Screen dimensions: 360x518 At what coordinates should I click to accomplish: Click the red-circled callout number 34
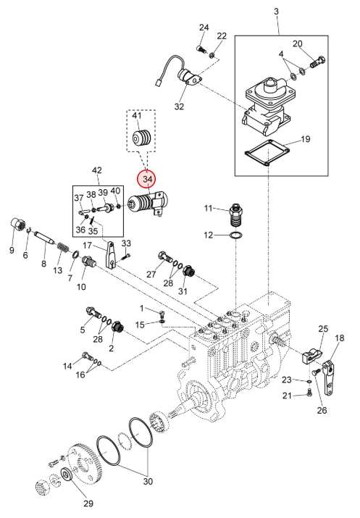(x=146, y=179)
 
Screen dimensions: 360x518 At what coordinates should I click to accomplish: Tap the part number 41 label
(x=137, y=115)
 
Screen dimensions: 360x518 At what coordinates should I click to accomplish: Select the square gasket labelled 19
(x=267, y=152)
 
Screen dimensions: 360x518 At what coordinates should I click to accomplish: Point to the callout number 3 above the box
(x=276, y=12)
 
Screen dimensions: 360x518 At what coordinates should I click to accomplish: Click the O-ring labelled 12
(x=236, y=235)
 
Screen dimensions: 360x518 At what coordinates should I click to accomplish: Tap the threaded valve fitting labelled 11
(x=237, y=214)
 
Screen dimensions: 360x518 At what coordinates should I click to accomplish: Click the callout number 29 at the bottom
(x=88, y=504)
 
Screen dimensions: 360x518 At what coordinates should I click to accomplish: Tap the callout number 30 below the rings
(x=148, y=481)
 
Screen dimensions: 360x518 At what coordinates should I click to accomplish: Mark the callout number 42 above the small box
(x=97, y=170)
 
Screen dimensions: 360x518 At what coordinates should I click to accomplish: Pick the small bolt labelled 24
(x=201, y=49)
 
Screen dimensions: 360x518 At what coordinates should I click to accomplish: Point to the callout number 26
(x=322, y=410)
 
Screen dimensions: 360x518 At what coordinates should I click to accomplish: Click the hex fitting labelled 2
(x=118, y=327)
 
